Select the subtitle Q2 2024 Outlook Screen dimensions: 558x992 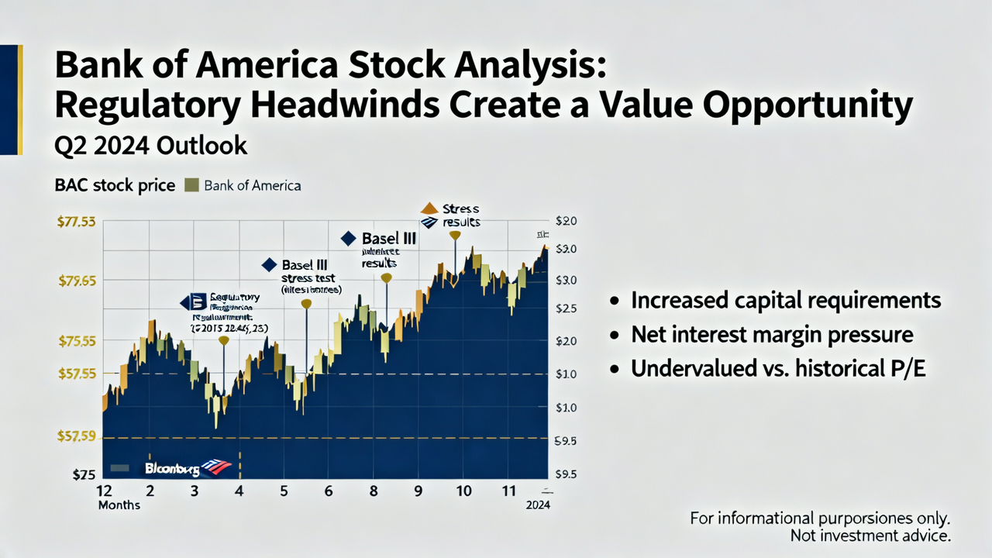[x=150, y=146]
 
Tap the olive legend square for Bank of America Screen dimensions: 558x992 [x=191, y=186]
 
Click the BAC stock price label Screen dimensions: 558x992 [x=115, y=186]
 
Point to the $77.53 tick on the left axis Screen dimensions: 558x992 [x=77, y=222]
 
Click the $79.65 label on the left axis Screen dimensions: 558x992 [x=77, y=281]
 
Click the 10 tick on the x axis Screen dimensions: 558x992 [x=464, y=491]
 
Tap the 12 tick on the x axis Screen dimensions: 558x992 [x=105, y=491]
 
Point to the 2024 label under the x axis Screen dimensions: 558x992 [x=537, y=505]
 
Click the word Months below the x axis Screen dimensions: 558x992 [x=119, y=505]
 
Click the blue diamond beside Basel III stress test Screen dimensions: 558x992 [x=269, y=265]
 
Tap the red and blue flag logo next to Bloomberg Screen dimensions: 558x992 [x=216, y=467]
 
